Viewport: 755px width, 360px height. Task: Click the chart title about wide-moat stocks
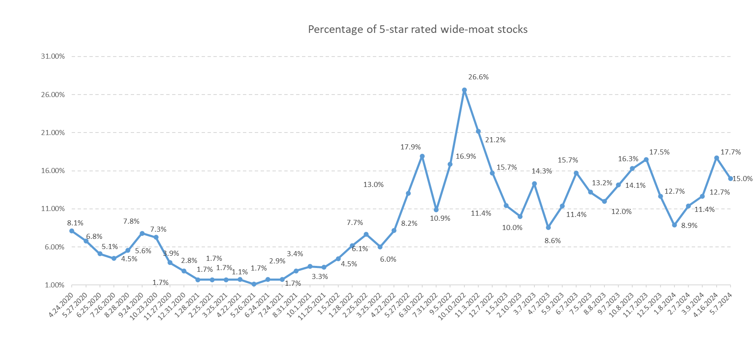click(x=418, y=30)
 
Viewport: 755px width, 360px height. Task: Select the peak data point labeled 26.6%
click(x=464, y=90)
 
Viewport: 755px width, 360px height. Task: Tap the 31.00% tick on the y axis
click(x=53, y=56)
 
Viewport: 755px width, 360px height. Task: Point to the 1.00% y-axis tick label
click(x=54, y=285)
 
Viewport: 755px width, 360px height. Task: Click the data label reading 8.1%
click(x=75, y=223)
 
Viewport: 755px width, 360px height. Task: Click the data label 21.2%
click(x=495, y=140)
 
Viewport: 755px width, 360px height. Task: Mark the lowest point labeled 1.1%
click(x=254, y=284)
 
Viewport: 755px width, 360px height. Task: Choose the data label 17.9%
click(x=410, y=147)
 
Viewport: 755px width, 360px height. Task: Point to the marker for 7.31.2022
click(x=436, y=210)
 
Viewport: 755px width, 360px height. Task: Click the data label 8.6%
click(x=553, y=241)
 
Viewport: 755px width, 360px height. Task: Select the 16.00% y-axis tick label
click(x=53, y=171)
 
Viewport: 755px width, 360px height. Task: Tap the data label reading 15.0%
click(x=742, y=179)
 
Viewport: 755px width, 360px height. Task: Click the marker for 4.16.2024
click(x=717, y=158)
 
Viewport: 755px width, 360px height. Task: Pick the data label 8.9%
click(x=689, y=225)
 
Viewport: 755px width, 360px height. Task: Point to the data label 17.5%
click(x=659, y=152)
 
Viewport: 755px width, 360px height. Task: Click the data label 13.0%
click(x=373, y=184)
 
